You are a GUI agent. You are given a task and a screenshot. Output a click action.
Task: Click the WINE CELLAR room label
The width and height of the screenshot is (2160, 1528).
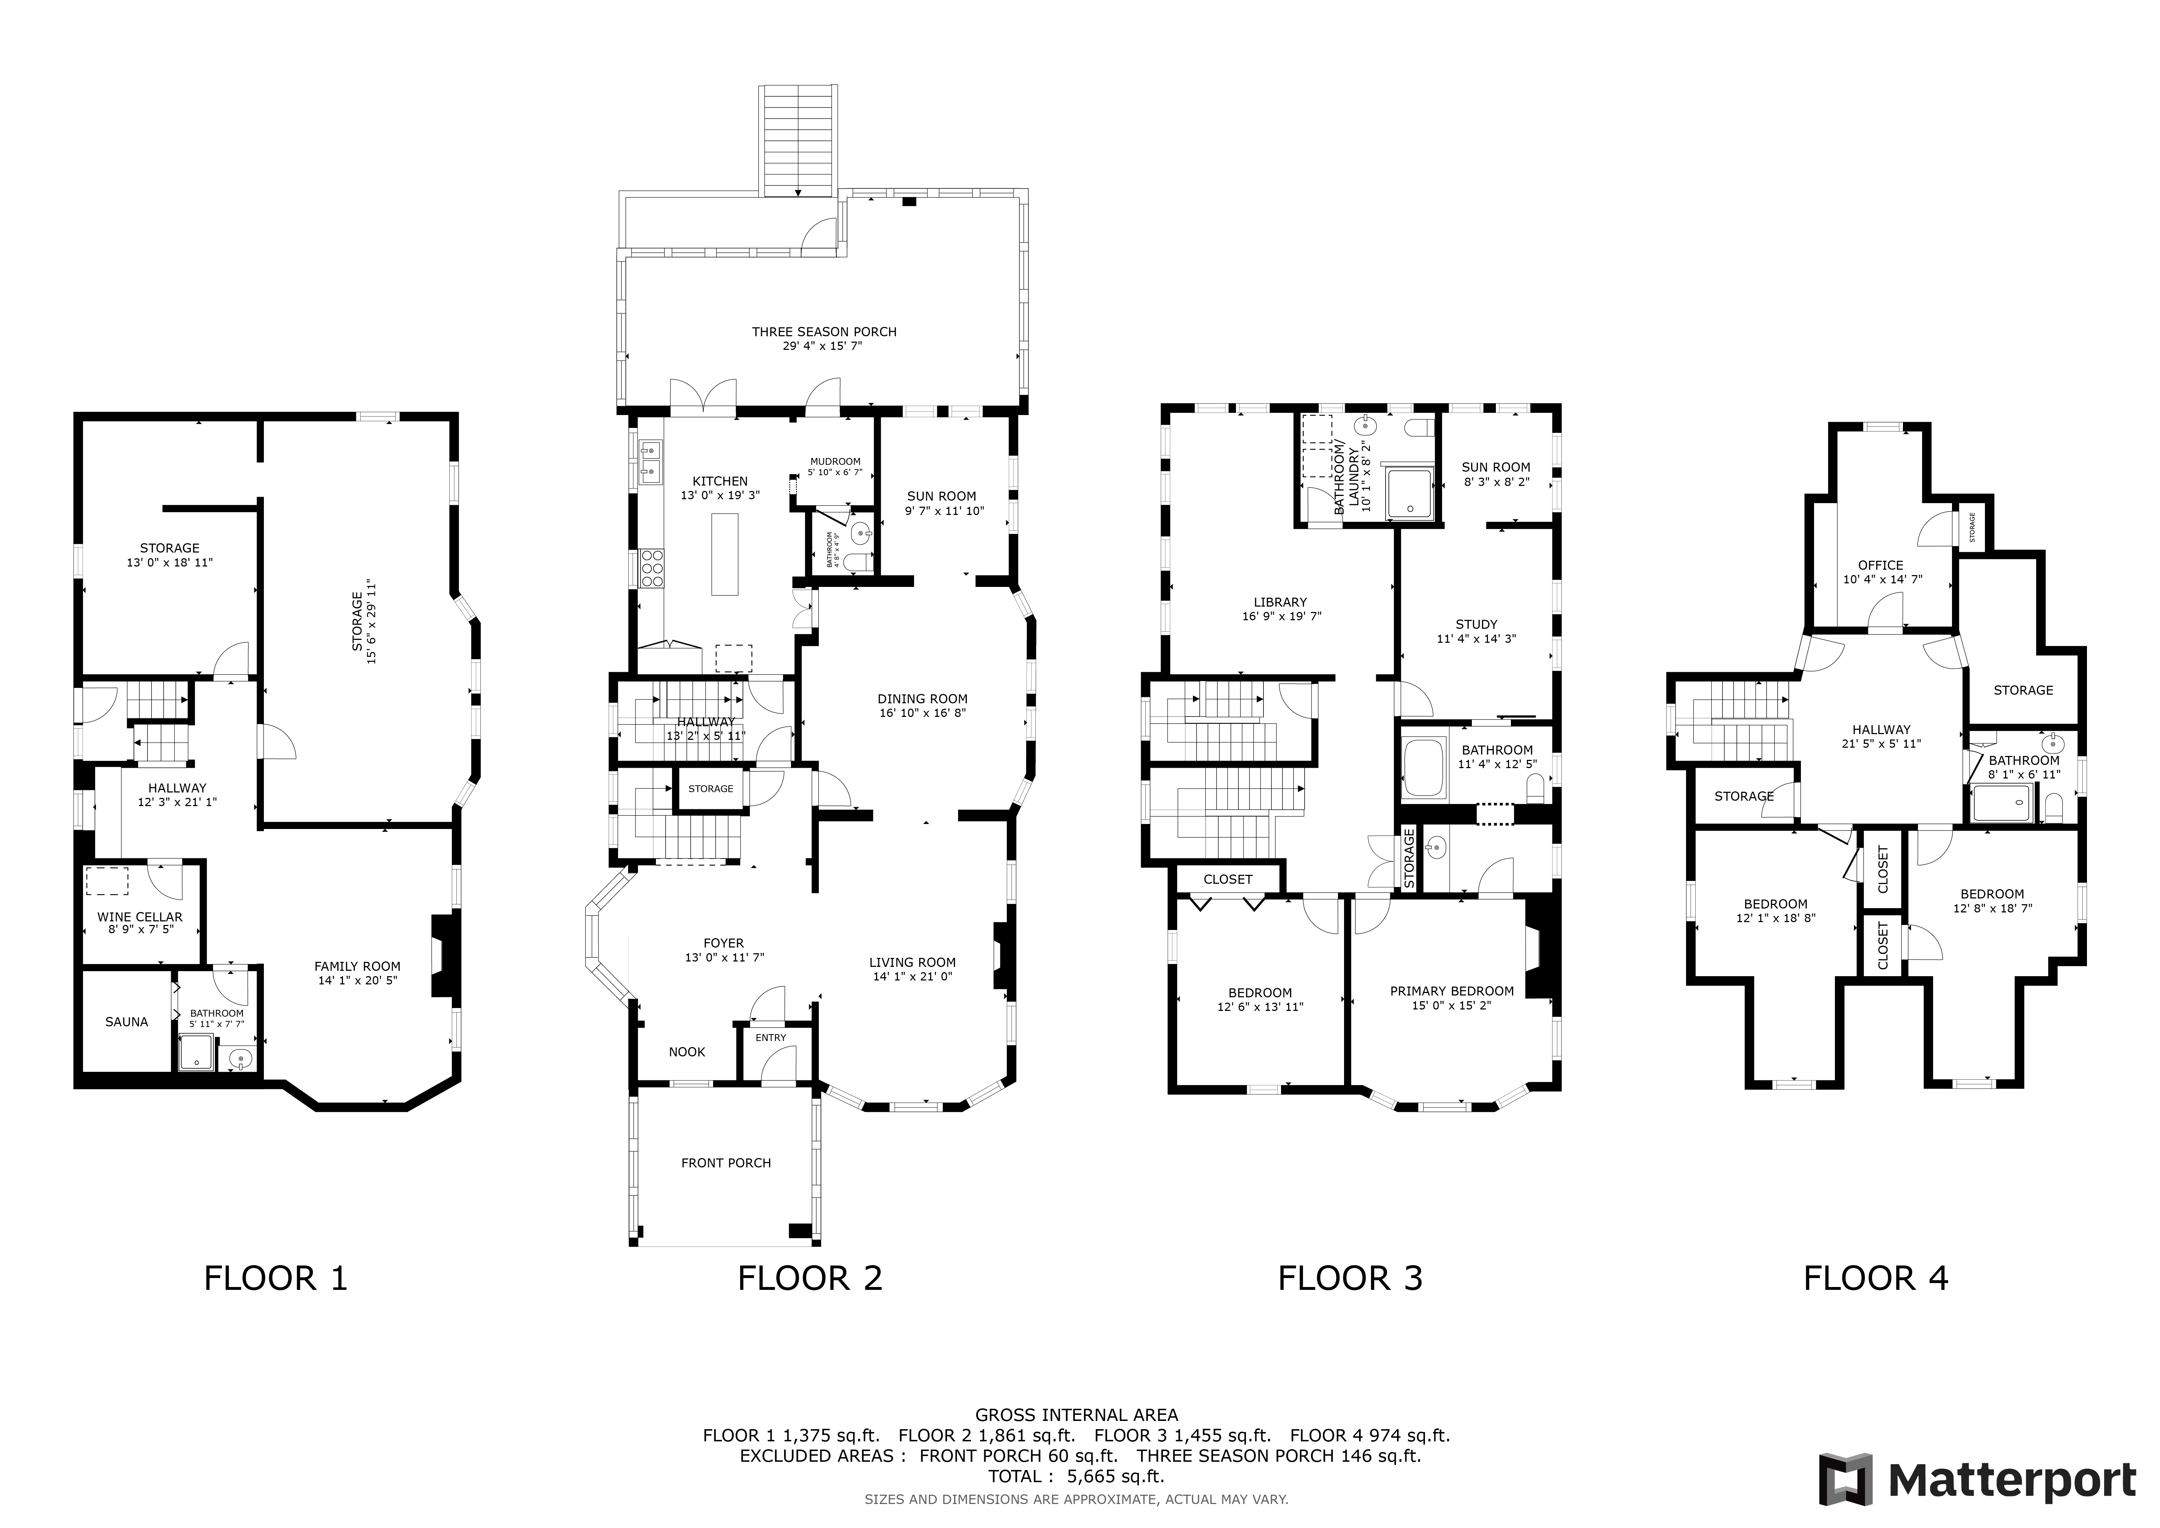coord(140,916)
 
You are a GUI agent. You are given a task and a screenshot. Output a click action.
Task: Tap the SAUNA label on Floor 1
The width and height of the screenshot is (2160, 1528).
coord(126,1022)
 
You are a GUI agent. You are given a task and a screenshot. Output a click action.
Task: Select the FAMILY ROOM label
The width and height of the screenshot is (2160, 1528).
coord(357,966)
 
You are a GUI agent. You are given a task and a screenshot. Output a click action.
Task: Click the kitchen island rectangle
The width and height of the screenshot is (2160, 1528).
coord(724,554)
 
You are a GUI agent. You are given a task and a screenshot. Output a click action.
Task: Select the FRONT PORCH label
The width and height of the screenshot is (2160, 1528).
coord(726,1163)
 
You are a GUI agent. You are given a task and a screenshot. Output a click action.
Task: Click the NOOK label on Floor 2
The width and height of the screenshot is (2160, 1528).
coord(687,1052)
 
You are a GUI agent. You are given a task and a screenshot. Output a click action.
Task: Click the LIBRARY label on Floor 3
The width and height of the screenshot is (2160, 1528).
coord(1280,602)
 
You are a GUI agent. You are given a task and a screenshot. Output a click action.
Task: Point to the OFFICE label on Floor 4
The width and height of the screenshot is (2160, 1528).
coord(1881,565)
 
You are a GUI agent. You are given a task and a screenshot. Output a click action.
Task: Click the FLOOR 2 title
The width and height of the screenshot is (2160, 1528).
coord(810,1279)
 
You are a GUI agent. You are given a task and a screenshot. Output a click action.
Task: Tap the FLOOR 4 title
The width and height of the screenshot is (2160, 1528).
coord(1876,1279)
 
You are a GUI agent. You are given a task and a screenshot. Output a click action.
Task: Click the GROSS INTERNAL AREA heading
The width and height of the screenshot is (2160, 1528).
coord(1076,1414)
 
